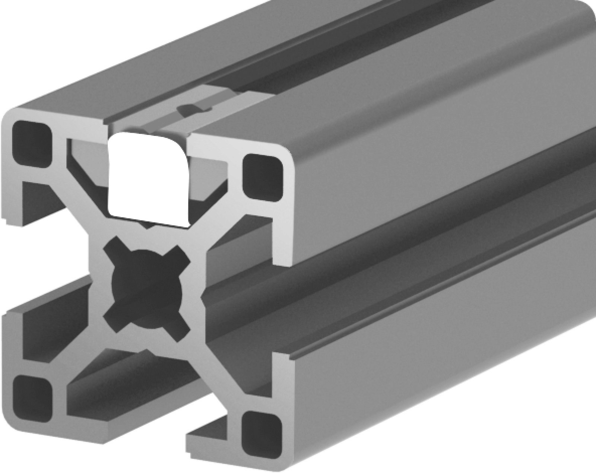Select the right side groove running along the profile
pyautogui.click(x=410, y=261)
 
